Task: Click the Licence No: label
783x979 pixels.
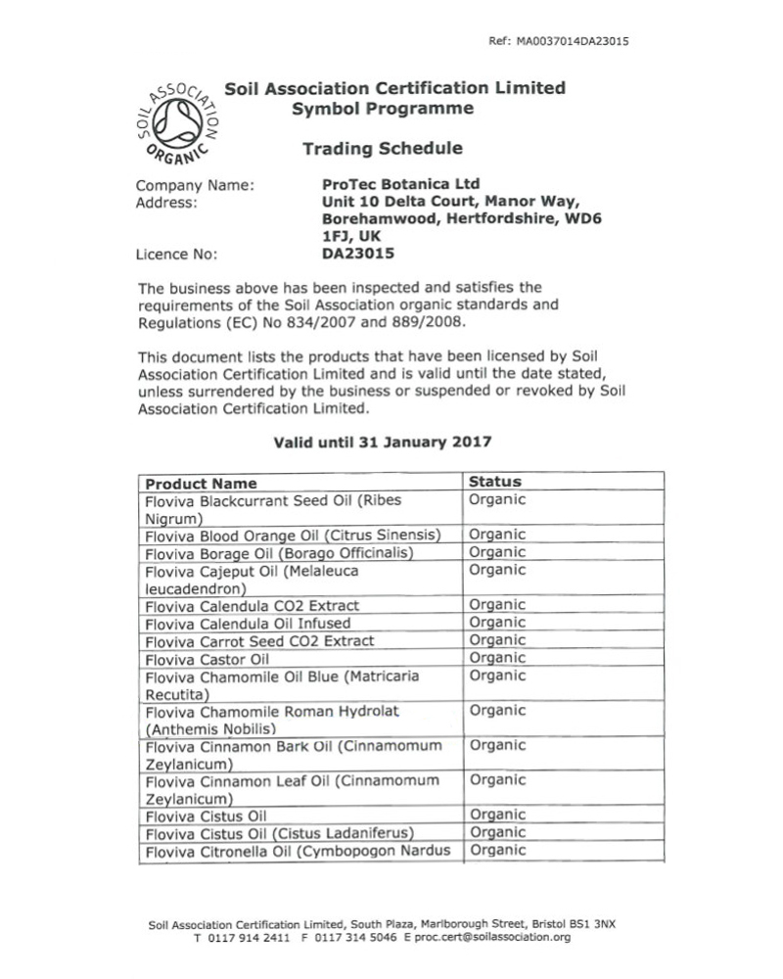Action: (x=177, y=255)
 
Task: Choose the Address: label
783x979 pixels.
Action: (x=169, y=203)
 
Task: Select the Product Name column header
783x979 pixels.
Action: (x=202, y=484)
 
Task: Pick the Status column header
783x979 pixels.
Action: (x=495, y=482)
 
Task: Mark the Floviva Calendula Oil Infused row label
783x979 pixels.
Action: (x=247, y=624)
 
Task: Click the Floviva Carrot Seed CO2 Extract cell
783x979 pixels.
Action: (x=259, y=641)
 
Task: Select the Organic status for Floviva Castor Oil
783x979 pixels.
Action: (x=497, y=658)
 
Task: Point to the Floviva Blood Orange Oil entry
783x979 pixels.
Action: (x=290, y=536)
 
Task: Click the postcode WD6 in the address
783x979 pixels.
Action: (x=578, y=219)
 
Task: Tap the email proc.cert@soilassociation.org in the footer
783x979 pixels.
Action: (x=492, y=937)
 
